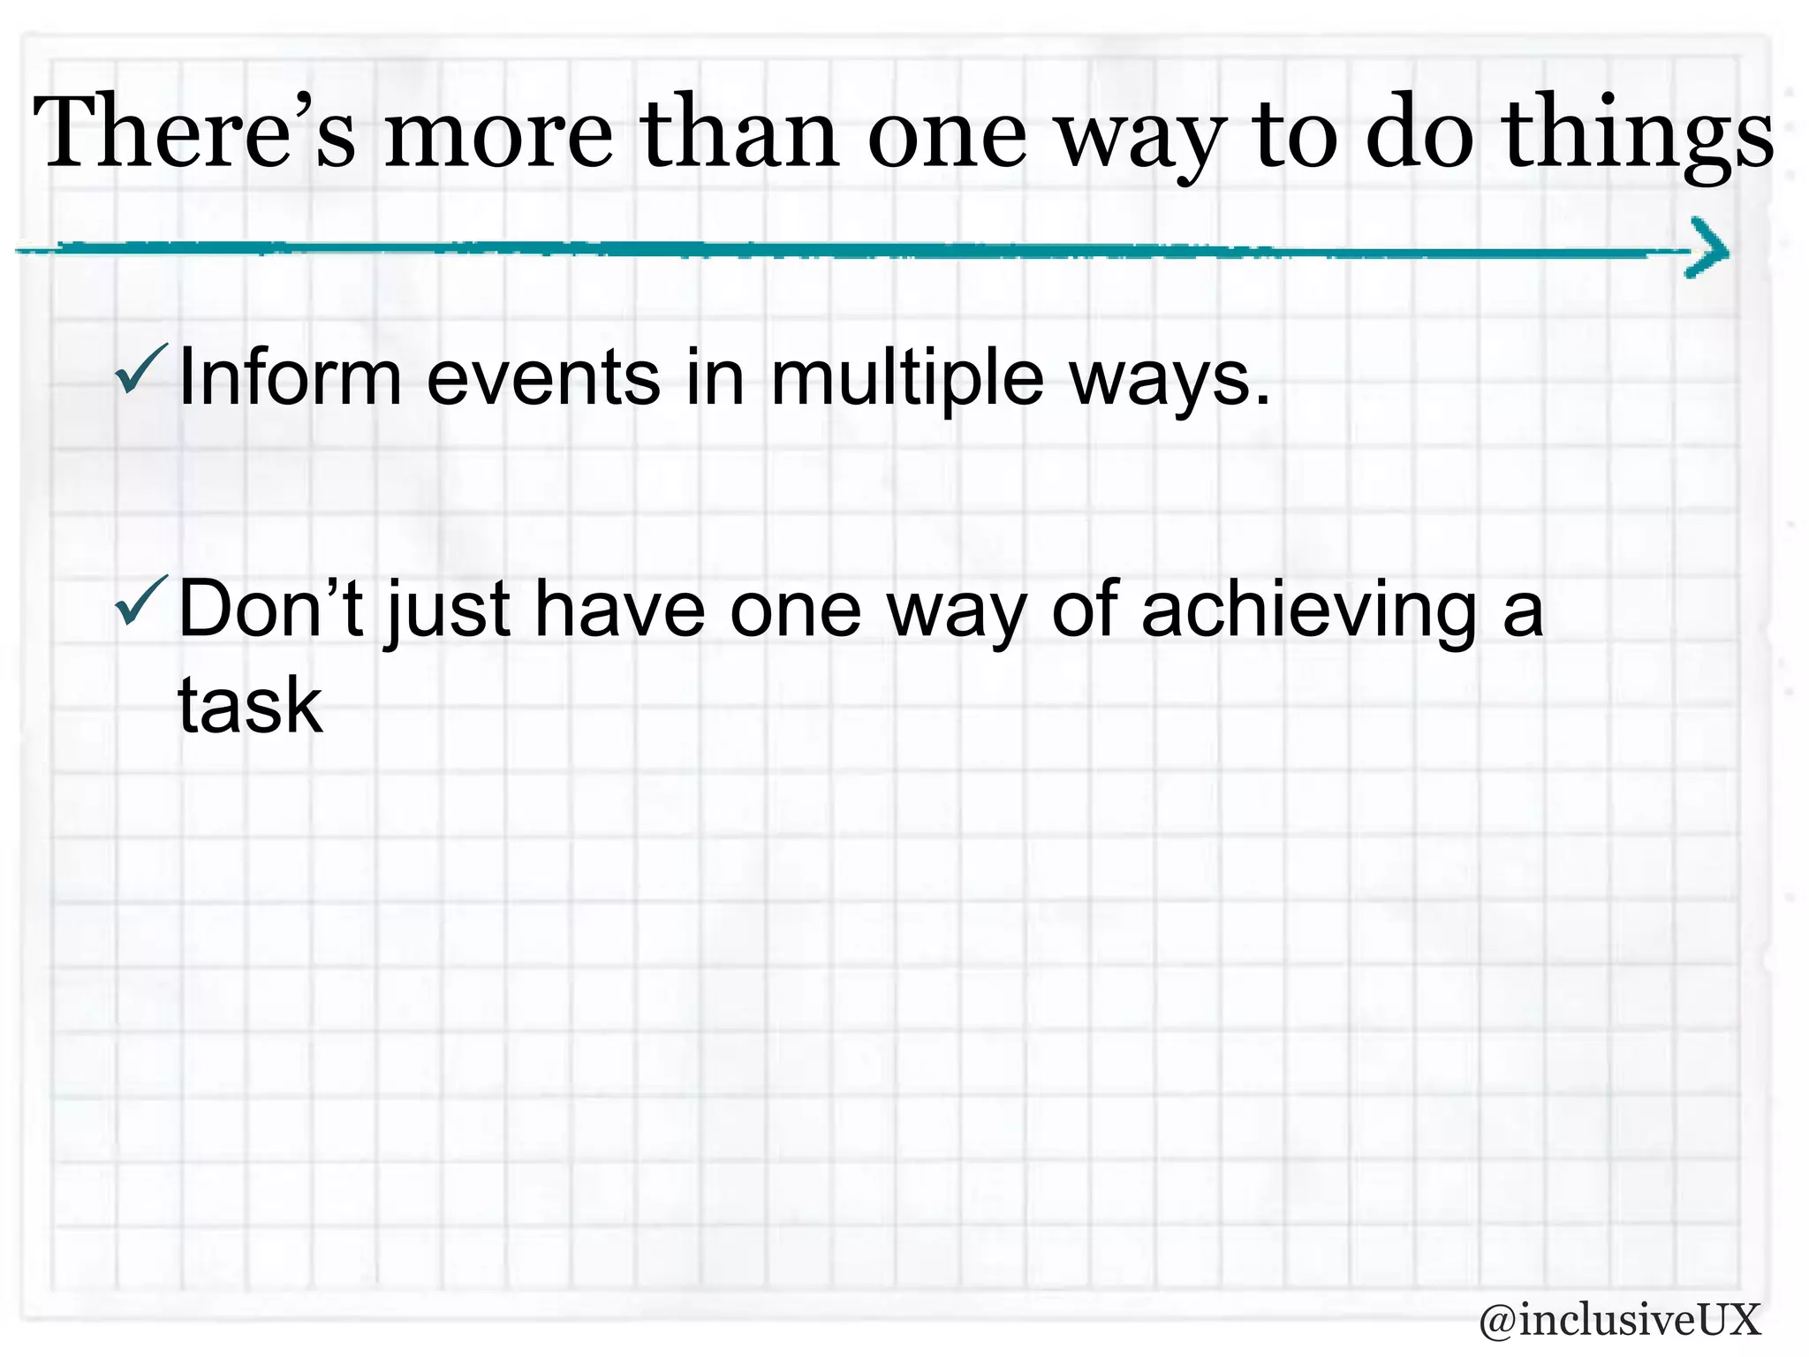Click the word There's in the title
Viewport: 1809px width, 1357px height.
click(194, 133)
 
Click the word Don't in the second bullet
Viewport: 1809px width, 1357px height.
click(270, 610)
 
